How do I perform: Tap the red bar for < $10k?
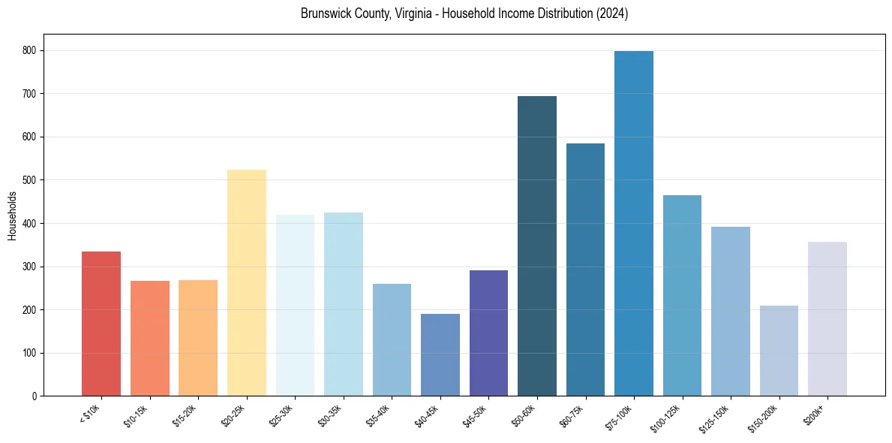tap(101, 324)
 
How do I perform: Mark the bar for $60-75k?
tap(585, 270)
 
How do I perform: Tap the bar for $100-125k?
tap(682, 296)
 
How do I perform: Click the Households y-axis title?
tap(12, 215)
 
